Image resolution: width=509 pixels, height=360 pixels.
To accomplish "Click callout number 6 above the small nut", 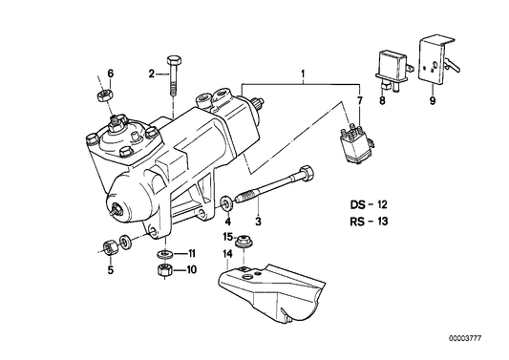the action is click(x=111, y=74).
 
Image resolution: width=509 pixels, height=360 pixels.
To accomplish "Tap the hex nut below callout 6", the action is click(x=105, y=95).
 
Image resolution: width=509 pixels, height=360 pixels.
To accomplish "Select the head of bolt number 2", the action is click(x=174, y=60).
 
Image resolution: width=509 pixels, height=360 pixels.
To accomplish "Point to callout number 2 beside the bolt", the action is click(x=152, y=74).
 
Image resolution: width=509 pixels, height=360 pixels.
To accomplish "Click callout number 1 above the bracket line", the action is click(x=303, y=74).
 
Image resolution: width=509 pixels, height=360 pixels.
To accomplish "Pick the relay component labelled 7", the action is click(x=357, y=145).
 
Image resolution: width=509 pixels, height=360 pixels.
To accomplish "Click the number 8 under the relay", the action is click(x=382, y=100).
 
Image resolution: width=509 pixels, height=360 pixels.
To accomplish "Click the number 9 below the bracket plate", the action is click(x=433, y=100).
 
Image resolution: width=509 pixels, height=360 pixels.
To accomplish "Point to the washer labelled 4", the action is click(x=226, y=203).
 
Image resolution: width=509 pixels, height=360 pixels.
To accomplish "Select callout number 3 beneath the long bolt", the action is click(x=258, y=222).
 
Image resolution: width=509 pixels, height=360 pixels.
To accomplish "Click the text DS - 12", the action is click(x=369, y=205).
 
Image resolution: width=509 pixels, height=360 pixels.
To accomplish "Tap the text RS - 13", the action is click(x=369, y=222).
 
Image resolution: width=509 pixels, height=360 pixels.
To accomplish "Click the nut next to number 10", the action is click(x=164, y=269).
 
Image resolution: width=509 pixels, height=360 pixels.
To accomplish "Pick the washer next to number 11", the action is click(x=165, y=253).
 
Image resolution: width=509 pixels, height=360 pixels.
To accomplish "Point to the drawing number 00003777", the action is click(x=465, y=338).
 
